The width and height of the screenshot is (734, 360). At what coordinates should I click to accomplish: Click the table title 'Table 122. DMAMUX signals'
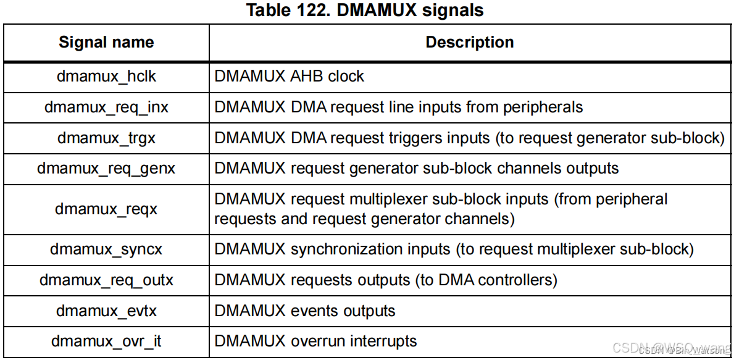pos(365,10)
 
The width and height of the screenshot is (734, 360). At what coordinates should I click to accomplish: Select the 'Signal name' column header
pos(106,43)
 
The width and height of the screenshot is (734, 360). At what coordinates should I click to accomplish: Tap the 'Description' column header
pos(470,43)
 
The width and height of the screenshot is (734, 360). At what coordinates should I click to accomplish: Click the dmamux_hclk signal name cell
pos(106,77)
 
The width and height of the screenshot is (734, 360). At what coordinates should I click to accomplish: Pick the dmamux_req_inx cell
pos(106,107)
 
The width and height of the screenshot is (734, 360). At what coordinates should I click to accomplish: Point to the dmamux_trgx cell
pos(106,138)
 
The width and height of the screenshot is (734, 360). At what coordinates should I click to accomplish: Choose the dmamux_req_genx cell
pos(106,169)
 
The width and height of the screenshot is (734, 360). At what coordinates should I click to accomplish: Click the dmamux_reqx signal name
pos(106,209)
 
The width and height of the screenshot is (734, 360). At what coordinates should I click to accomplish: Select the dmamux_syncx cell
pos(106,249)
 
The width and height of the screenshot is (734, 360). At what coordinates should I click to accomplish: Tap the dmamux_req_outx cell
pos(106,280)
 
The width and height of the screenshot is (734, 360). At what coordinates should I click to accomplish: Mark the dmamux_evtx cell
pos(106,311)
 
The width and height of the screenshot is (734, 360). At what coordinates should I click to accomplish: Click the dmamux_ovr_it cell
pos(106,341)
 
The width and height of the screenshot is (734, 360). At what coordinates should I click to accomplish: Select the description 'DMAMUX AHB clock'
pos(289,77)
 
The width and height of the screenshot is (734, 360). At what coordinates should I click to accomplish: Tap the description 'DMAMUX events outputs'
pos(305,311)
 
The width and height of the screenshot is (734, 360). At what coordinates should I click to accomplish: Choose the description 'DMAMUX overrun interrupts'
pos(315,341)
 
